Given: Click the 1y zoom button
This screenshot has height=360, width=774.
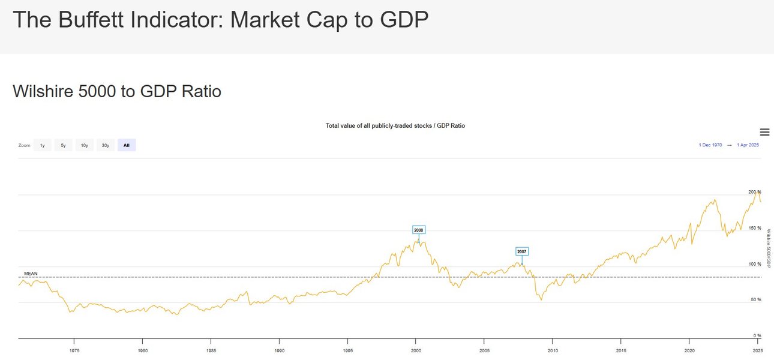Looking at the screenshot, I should (42, 145).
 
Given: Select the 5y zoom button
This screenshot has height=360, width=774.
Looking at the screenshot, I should (63, 145).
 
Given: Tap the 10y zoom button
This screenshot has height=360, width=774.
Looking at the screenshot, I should (84, 145).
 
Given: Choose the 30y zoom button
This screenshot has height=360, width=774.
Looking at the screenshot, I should (105, 145).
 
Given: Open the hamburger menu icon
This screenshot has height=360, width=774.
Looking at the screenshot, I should (764, 132).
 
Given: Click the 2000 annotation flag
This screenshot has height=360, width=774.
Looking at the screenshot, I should (419, 230).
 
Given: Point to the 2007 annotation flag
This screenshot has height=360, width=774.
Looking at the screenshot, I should (522, 251).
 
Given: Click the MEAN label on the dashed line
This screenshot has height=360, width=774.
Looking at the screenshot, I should (31, 274).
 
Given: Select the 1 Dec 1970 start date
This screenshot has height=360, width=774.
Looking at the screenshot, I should (710, 145).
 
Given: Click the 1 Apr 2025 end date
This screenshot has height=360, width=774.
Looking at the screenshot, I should (748, 145).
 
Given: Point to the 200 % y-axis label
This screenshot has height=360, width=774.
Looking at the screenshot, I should (755, 192).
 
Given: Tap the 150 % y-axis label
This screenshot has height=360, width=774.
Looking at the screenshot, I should (755, 228).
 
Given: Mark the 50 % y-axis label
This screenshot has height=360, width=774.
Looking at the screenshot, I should (757, 299).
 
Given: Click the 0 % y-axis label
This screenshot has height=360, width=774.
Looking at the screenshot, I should (758, 335).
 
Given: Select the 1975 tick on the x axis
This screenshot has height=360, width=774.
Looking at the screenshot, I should (74, 349).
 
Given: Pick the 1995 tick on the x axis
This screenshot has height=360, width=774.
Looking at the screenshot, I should (347, 349).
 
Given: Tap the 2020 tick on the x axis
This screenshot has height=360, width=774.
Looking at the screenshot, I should (689, 349).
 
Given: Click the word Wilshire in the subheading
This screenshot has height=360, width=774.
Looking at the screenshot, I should (46, 92).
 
